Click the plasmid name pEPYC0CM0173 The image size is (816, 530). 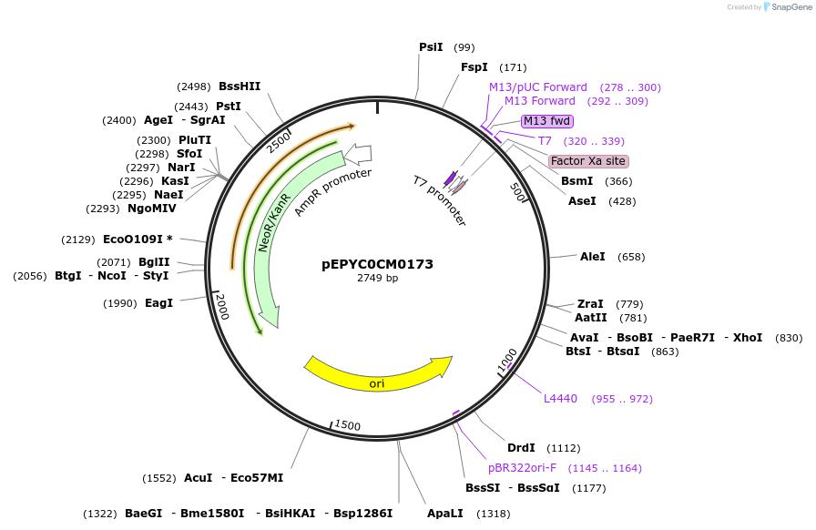coord(377,264)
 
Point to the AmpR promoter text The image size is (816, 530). coord(332,192)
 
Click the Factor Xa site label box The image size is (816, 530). coord(588,161)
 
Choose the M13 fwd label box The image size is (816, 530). coord(546,121)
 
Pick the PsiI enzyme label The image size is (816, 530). coord(431,47)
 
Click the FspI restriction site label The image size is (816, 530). coord(474,67)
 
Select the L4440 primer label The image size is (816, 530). coord(560,399)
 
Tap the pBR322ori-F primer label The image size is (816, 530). coord(522,468)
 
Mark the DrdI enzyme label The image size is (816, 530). coord(521,448)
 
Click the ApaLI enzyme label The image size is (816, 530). coord(444,514)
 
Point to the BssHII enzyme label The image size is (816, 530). coord(240,87)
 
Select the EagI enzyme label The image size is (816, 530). coord(158,303)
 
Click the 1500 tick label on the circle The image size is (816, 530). coord(347,426)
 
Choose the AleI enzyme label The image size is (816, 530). coord(592,257)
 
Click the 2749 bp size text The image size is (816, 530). coord(377,279)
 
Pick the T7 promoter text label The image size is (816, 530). coord(440,200)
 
